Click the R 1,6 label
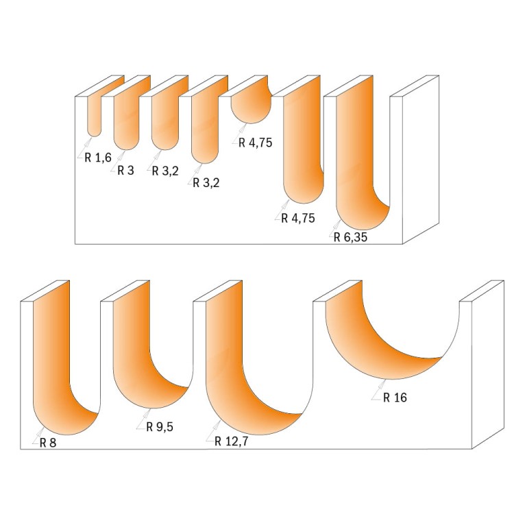(98, 158)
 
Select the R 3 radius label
(126, 171)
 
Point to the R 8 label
(48, 442)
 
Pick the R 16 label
(395, 397)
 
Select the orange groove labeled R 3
(126, 120)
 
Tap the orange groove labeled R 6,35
(356, 164)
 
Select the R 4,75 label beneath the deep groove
(298, 219)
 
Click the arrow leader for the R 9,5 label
(145, 418)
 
